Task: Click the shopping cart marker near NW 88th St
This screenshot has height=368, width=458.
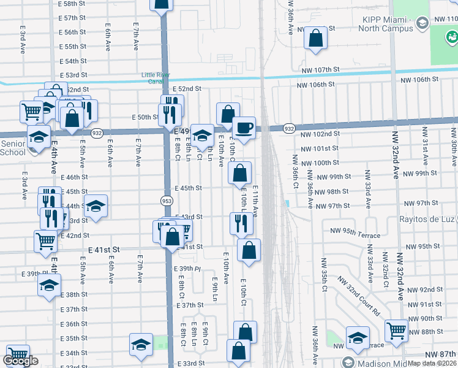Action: click(396, 331)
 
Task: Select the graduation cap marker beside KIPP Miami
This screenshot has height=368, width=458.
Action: click(422, 23)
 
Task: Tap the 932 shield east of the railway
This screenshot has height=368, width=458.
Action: click(290, 129)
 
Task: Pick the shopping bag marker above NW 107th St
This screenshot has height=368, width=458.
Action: click(315, 37)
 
